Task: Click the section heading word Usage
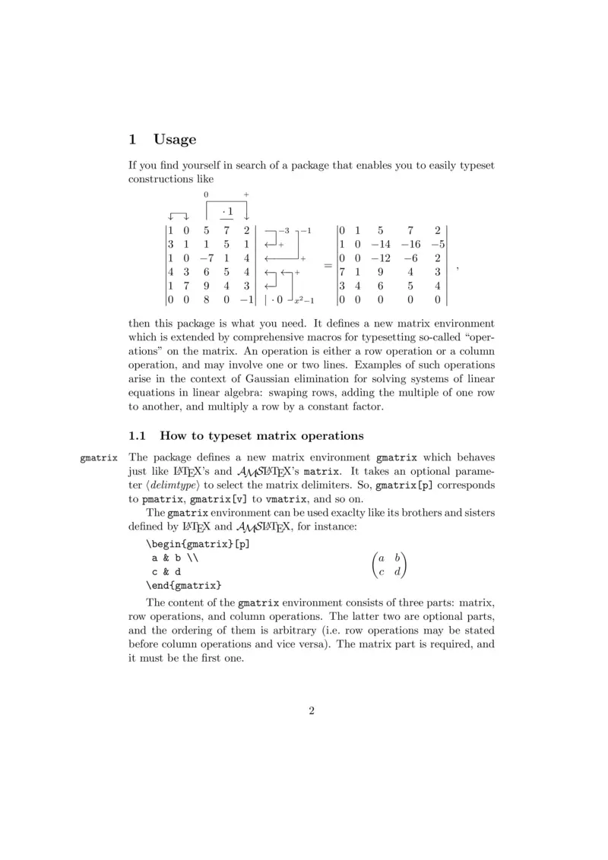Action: [x=175, y=139]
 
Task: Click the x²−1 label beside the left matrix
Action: [x=303, y=303]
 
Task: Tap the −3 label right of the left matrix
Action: [x=283, y=230]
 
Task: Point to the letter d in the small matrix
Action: [x=397, y=571]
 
